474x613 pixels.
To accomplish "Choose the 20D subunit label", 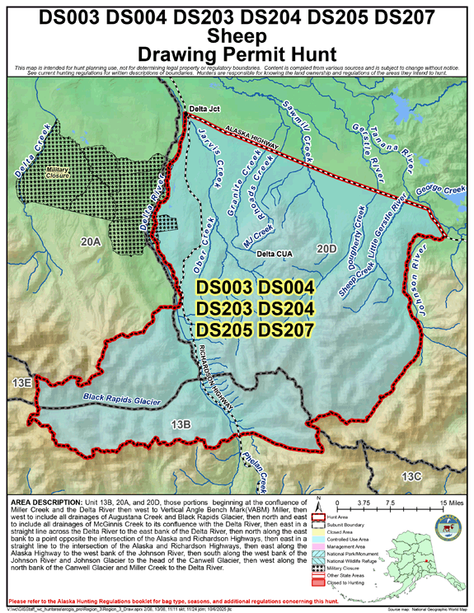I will point(328,247).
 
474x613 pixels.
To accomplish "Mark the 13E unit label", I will point(21,382).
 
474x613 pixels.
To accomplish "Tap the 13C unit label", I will point(410,476).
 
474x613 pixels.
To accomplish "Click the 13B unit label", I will point(181,423).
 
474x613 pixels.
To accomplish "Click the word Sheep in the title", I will point(237,35).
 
